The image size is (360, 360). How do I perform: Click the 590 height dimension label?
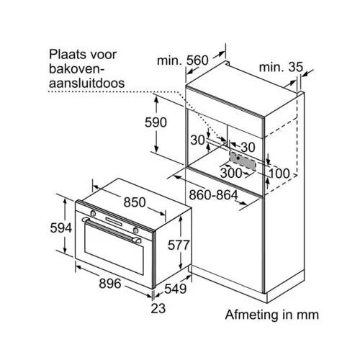(x=156, y=122)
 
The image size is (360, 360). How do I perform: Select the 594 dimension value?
(x=61, y=228)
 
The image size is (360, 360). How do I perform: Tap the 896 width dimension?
(x=110, y=284)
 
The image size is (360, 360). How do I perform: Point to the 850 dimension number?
(x=135, y=202)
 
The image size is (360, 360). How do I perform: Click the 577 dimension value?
(x=179, y=246)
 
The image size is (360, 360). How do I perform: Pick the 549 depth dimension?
(x=176, y=289)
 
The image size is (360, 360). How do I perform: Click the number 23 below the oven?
(x=158, y=308)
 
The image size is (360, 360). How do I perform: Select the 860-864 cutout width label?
(x=213, y=195)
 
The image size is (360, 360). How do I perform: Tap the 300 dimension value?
(x=231, y=173)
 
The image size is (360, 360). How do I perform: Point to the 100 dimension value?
(x=279, y=174)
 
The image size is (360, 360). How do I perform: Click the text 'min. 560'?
(x=183, y=60)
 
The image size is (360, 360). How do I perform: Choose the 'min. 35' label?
(x=281, y=67)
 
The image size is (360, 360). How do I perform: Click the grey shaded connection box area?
(x=242, y=161)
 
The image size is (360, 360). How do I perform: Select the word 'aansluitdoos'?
(x=87, y=83)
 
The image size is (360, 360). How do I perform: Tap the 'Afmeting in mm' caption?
(x=272, y=315)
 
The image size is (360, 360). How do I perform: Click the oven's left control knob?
(x=93, y=213)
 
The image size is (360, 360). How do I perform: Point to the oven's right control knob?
(x=136, y=230)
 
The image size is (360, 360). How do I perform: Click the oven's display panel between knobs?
(x=114, y=222)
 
